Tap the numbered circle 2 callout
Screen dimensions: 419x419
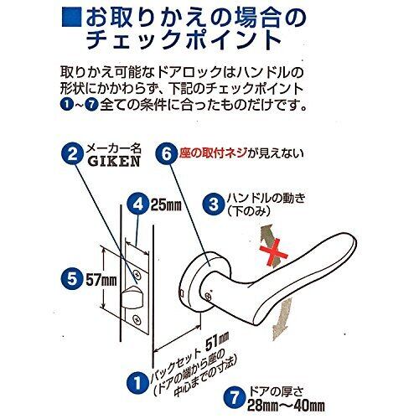72,153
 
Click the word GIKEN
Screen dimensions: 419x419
114,161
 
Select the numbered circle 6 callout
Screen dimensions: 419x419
166,153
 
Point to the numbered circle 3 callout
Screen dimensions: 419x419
214,204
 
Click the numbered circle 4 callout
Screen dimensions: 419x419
137,205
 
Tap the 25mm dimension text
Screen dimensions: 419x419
166,205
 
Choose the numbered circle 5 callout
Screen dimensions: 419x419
72,279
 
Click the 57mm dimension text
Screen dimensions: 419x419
101,280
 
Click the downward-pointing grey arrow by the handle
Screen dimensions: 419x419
282,318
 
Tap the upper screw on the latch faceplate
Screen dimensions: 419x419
137,273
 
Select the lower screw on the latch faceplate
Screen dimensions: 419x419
137,318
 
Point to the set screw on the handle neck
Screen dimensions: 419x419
208,295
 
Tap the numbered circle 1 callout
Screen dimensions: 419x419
137,383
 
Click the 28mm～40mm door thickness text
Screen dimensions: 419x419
286,406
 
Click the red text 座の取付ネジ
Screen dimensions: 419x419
213,153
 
